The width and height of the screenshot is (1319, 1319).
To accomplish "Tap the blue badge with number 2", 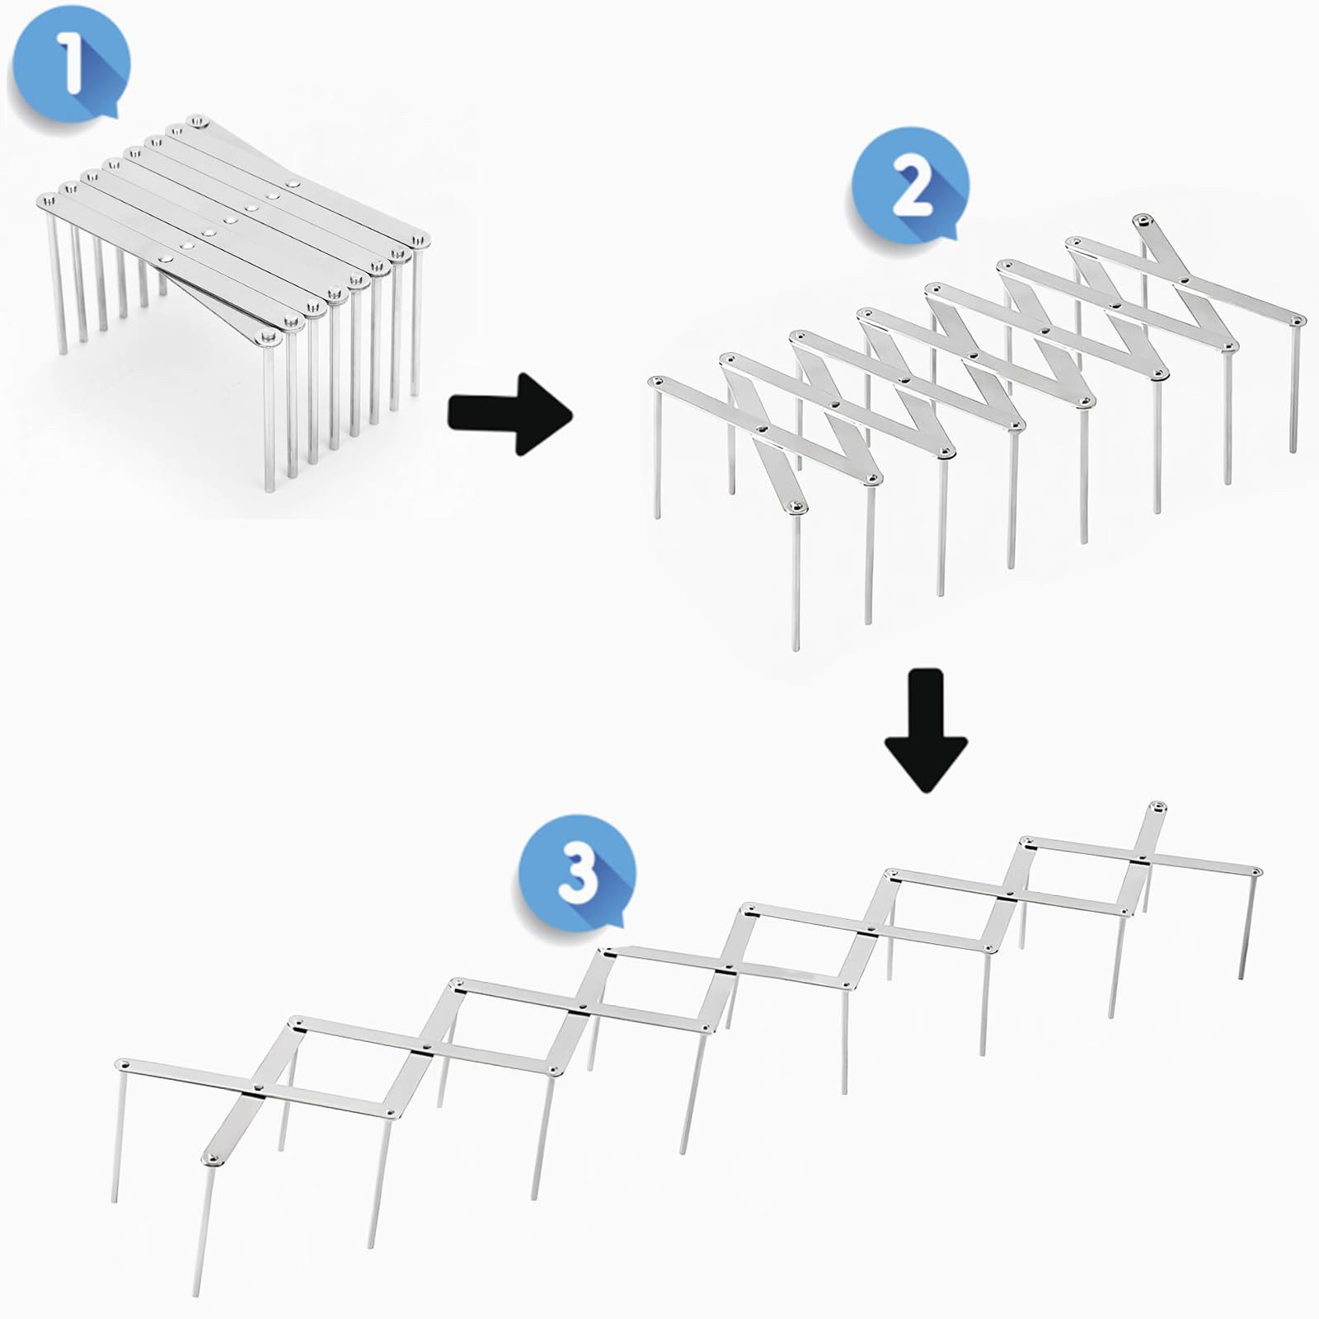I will (x=909, y=186).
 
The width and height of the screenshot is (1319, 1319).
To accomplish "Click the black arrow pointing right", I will (x=509, y=412).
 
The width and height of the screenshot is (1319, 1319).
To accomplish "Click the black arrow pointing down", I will (x=925, y=730).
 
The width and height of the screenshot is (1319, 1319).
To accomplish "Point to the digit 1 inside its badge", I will (x=70, y=64).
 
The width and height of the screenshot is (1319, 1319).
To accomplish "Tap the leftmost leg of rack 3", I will (x=117, y=1138).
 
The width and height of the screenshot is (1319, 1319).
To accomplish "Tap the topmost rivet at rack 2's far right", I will (x=1141, y=219).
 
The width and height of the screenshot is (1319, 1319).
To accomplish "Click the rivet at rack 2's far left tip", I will (x=657, y=382).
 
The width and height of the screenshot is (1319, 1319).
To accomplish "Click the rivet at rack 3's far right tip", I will (x=1255, y=870).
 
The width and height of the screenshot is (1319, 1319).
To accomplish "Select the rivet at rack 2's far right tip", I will (x=1297, y=319).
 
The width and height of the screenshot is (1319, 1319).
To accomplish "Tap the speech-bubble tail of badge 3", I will (x=614, y=916).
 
